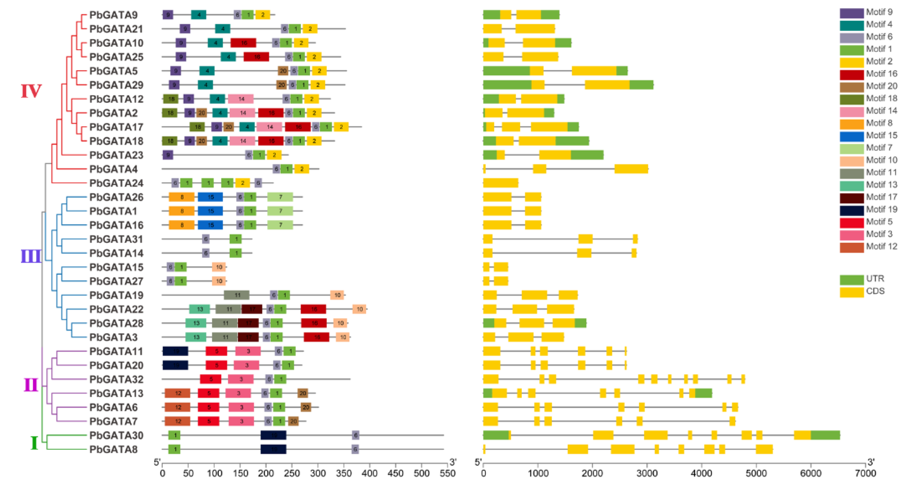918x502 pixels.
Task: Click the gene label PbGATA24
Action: coord(116,183)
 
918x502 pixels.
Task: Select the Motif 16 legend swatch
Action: coord(852,74)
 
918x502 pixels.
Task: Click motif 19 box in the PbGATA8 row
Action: coord(273,449)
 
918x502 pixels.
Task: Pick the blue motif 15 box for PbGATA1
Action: coord(210,211)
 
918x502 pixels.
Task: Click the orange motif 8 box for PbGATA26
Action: coord(182,197)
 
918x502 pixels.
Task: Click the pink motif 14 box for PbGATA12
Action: coord(241,99)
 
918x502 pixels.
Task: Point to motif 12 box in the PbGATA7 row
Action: coord(177,421)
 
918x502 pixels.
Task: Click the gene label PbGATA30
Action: coord(116,435)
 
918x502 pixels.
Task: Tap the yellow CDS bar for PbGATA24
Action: coord(500,183)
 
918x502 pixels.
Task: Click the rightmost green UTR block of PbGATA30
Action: coord(825,435)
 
